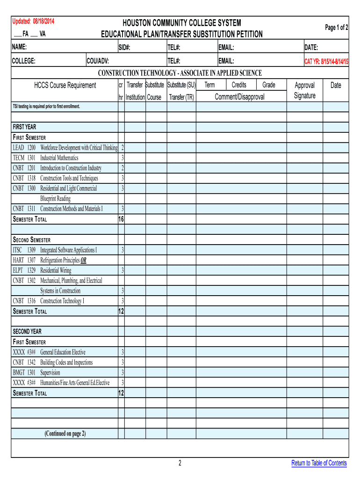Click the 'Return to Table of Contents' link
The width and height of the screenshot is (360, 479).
[x=319, y=463]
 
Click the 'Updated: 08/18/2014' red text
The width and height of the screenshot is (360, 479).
[x=33, y=22]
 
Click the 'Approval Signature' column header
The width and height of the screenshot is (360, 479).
[x=304, y=90]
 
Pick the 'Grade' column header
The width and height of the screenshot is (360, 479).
[x=269, y=85]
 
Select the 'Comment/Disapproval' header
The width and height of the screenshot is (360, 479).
[x=239, y=97]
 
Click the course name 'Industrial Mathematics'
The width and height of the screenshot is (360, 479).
[x=59, y=158]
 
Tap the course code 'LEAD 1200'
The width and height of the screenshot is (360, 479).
[x=24, y=148]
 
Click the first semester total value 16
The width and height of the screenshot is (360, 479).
[x=121, y=219]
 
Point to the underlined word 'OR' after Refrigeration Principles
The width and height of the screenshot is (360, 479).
[x=83, y=261]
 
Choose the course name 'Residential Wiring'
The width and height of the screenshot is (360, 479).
[x=56, y=270]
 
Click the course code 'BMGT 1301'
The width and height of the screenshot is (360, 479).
[x=24, y=373]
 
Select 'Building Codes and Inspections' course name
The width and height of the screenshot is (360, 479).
[x=66, y=363]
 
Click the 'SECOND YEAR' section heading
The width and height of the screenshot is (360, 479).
[x=27, y=332]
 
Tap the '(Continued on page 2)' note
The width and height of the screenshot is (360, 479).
[x=65, y=434]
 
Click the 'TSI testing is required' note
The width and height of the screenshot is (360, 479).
[x=46, y=107]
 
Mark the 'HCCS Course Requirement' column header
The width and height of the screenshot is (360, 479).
[x=65, y=85]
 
